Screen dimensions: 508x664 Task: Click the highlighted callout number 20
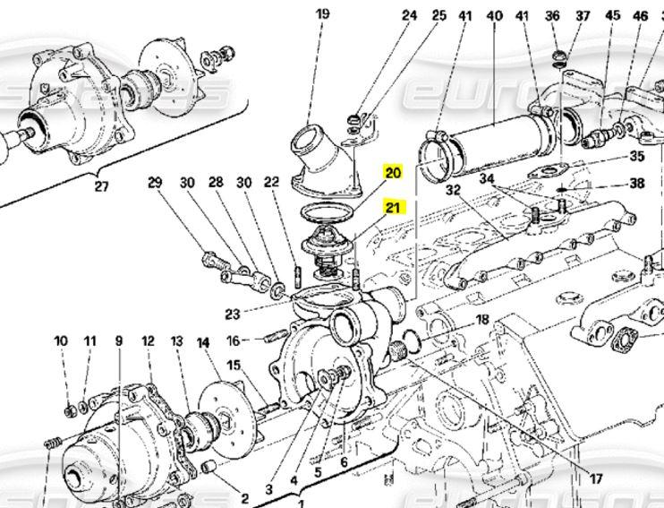394,170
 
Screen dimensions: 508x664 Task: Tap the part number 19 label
322,13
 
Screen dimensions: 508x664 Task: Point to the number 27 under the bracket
101,187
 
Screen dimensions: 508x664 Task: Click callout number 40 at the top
494,16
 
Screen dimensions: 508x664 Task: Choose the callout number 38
637,185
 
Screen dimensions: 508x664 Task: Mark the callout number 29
156,183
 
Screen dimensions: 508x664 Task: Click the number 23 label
233,314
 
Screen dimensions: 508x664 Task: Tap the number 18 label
482,320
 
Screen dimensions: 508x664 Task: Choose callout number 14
203,342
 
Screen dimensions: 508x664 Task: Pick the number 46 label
640,16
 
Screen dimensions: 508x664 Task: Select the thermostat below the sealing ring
323,245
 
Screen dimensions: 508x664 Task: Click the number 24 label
410,16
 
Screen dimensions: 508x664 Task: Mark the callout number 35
637,155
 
